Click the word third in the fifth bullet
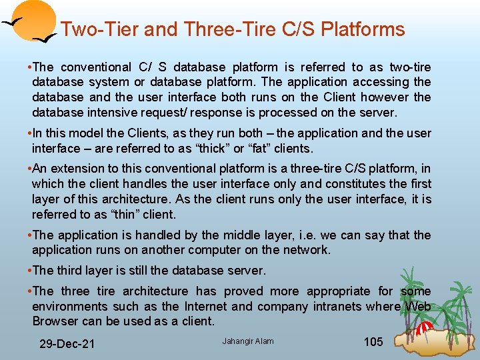point(73,270)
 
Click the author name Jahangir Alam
point(247,341)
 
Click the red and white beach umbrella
point(423,327)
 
